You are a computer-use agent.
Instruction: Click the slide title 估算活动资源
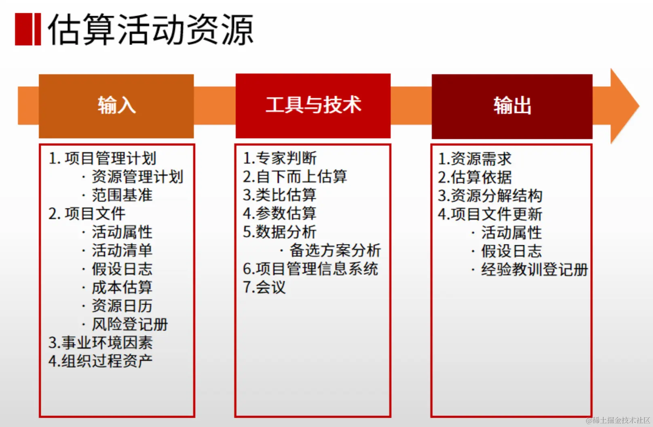(x=151, y=29)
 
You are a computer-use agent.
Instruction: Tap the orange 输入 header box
(x=116, y=106)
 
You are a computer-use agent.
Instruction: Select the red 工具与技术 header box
(x=313, y=106)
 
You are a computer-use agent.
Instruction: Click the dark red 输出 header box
(x=512, y=106)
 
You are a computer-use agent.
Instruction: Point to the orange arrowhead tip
(x=639, y=106)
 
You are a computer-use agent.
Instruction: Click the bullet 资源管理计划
(x=137, y=177)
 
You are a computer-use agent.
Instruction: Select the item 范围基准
(x=122, y=195)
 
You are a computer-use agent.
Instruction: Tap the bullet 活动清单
(x=122, y=250)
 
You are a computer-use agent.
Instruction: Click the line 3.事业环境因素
(x=100, y=343)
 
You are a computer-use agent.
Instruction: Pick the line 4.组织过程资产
(x=100, y=361)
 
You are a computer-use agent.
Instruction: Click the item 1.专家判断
(x=280, y=158)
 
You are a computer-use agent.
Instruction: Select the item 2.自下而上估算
(x=295, y=177)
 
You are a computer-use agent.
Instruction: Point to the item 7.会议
(x=264, y=287)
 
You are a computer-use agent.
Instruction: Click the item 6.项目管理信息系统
(x=311, y=269)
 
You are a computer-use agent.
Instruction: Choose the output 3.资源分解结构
(x=490, y=196)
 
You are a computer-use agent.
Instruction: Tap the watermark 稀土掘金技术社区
(x=618, y=420)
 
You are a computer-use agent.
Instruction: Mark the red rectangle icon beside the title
(x=28, y=29)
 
